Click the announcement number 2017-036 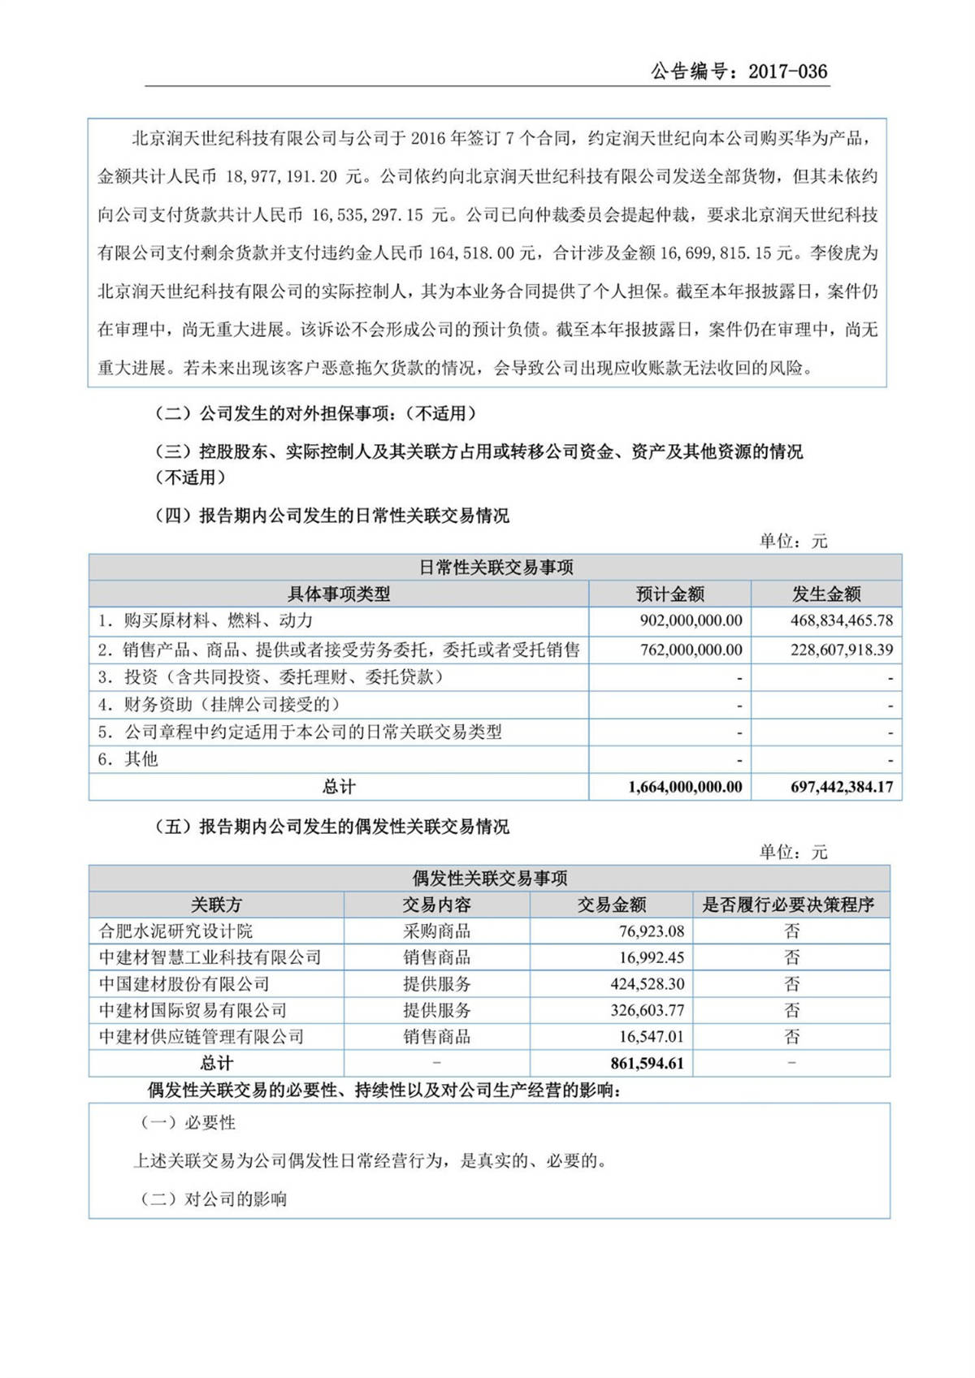click(x=787, y=71)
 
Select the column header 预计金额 click(x=669, y=594)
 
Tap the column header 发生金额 click(x=826, y=594)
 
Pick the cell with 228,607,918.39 click(x=842, y=650)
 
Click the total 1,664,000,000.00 click(x=685, y=787)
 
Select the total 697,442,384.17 click(x=842, y=787)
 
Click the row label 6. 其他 click(x=128, y=759)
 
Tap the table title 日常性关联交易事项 click(x=496, y=568)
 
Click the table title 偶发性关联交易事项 click(x=489, y=878)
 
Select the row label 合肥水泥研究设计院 click(x=175, y=931)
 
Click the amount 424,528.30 click(x=647, y=984)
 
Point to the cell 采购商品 click(x=436, y=931)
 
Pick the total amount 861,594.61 click(x=647, y=1063)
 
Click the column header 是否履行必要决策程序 click(x=788, y=905)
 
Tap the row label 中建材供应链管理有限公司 click(x=201, y=1037)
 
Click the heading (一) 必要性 click(x=188, y=1123)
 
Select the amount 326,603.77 click(x=647, y=1011)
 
